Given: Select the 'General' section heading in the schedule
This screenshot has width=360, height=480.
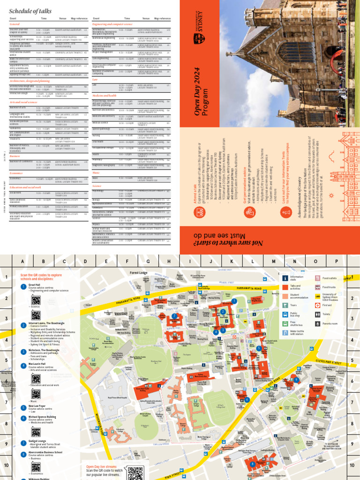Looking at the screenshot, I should tap(14, 23).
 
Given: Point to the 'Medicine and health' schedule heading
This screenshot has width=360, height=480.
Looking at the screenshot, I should tap(105, 95).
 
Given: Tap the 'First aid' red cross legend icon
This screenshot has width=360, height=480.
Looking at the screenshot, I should tap(317, 305).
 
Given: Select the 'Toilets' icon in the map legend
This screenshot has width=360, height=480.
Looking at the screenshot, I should tap(317, 314).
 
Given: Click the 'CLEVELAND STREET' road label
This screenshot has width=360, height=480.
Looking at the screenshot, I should tap(330, 362).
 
